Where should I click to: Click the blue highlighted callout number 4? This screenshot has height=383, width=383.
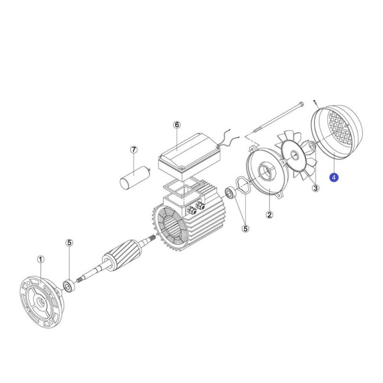coord(334,177)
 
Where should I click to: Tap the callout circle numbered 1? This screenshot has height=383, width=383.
coord(41,259)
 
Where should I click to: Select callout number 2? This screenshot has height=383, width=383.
coord(269,215)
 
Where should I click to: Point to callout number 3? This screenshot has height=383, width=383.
coord(316,188)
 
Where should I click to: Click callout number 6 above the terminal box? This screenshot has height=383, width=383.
coord(177,125)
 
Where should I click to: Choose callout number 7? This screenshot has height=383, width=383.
coord(134,150)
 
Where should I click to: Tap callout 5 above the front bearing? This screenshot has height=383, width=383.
coord(69,243)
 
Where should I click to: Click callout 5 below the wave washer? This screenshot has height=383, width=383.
coord(246,229)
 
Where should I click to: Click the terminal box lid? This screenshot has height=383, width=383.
coord(189,156)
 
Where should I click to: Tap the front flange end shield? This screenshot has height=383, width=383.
coord(42,302)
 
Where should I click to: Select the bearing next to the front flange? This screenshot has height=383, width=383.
coord(68,286)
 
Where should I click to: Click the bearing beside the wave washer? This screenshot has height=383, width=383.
coord(230,193)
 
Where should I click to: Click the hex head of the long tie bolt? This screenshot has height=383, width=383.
coord(301,104)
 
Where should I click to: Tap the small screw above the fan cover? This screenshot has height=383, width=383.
coord(316,104)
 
